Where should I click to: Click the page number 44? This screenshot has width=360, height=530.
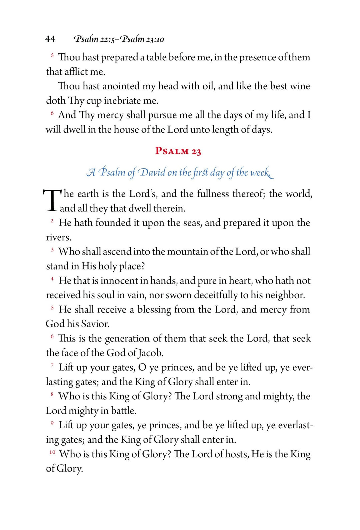pyautogui.click(x=50, y=39)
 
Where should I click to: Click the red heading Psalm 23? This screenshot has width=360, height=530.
pyautogui.click(x=178, y=151)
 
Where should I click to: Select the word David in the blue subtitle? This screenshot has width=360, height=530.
pyautogui.click(x=152, y=172)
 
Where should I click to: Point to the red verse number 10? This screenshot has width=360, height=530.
pyautogui.click(x=52, y=452)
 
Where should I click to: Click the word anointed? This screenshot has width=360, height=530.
pyautogui.click(x=121, y=86)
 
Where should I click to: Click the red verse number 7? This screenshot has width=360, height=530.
pyautogui.click(x=52, y=366)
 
